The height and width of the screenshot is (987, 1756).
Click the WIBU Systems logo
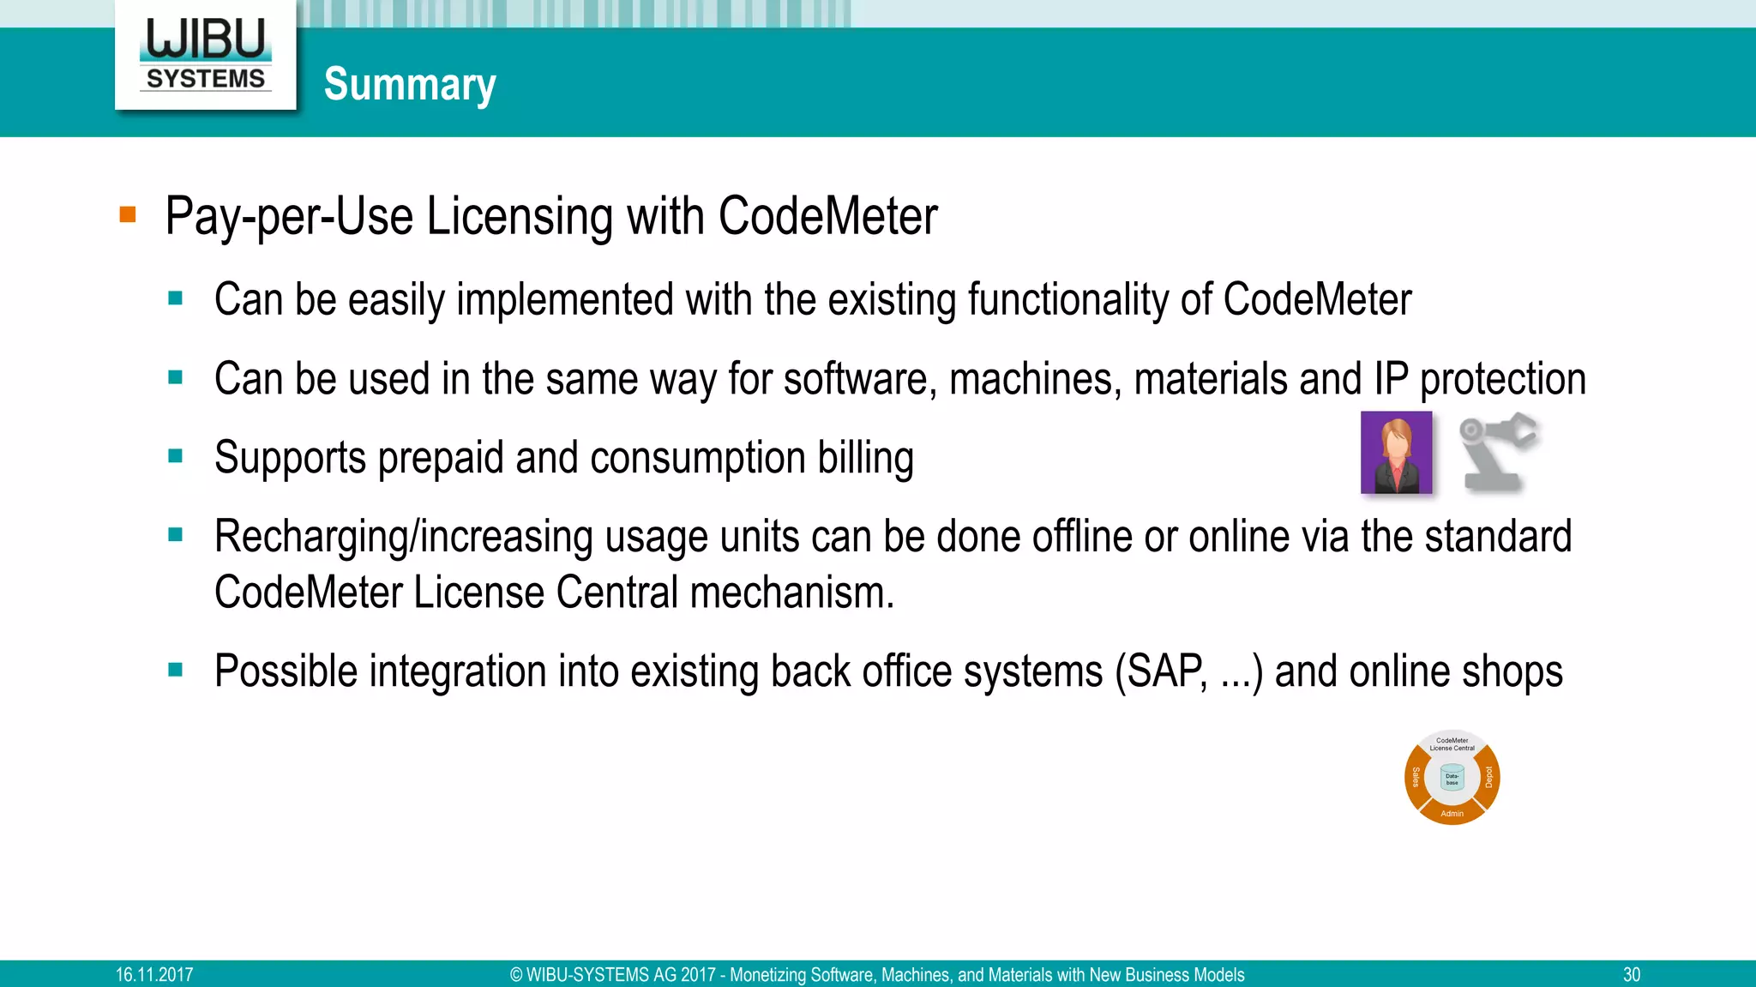pos(206,54)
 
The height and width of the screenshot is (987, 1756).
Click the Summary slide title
pos(410,84)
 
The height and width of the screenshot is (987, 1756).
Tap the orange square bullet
pos(128,214)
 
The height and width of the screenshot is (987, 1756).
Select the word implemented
pos(564,300)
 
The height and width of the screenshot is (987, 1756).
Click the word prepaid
pos(441,458)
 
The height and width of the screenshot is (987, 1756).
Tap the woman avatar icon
pos(1396,453)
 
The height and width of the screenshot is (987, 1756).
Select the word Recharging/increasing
pos(403,537)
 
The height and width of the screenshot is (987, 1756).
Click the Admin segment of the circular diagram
pos(1452,813)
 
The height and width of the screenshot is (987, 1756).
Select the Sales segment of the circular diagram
pos(1416,777)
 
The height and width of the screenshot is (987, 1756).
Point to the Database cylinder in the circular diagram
pos(1452,778)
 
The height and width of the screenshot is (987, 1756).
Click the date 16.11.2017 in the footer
pos(154,975)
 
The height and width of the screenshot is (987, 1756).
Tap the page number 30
pos(1631,975)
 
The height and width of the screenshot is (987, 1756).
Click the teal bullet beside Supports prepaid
pos(176,456)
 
